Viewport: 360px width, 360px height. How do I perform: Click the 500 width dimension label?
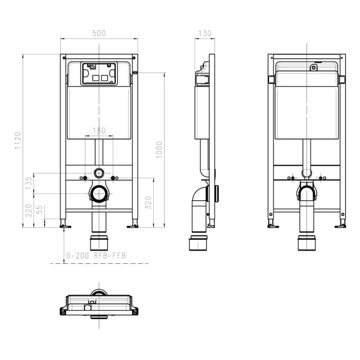click(99, 33)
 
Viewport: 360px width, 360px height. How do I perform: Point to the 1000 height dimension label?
click(159, 149)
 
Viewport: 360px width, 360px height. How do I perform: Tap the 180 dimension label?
click(99, 131)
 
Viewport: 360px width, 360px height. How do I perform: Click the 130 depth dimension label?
click(204, 33)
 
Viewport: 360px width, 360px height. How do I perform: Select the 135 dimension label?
click(28, 181)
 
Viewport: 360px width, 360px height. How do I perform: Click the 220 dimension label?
click(28, 210)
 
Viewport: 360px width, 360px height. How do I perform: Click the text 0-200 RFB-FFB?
click(96, 256)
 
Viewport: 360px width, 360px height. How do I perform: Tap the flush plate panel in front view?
click(99, 74)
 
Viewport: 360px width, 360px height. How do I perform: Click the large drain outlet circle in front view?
click(99, 193)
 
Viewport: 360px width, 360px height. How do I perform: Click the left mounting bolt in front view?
click(83, 178)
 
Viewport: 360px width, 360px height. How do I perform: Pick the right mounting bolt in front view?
click(115, 178)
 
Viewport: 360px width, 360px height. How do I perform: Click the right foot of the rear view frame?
click(340, 224)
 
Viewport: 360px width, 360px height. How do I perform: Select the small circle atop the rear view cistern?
click(313, 67)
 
